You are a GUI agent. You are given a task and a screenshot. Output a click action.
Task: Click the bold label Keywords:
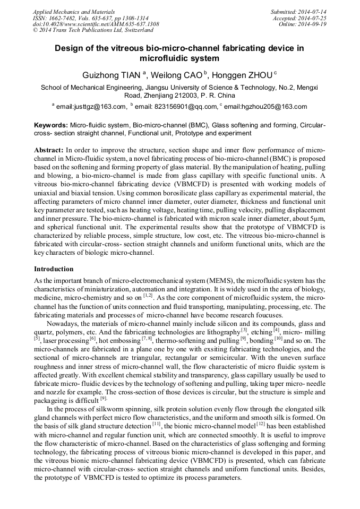pyautogui.click(x=51, y=124)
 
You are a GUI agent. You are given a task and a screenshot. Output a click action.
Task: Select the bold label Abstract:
pyautogui.click(x=49, y=150)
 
